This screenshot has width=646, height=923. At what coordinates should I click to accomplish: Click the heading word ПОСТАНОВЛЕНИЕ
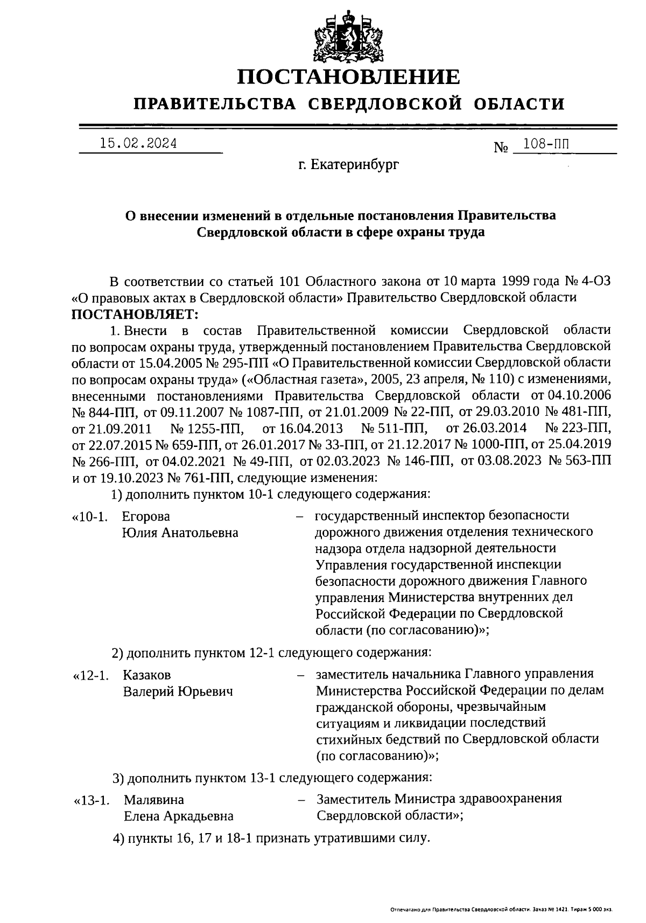click(349, 77)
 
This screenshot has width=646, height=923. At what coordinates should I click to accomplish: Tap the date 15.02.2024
click(138, 144)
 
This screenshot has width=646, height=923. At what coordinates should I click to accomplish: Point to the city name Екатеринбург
click(349, 165)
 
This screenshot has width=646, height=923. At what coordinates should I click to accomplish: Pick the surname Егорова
click(146, 516)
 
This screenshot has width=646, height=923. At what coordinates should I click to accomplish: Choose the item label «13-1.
click(92, 800)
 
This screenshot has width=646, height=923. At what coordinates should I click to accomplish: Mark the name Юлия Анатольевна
click(180, 533)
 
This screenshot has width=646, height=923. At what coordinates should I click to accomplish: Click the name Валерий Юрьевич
click(178, 691)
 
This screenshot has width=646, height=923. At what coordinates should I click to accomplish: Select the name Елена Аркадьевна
click(179, 816)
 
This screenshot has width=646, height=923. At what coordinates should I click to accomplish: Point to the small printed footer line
click(501, 910)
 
